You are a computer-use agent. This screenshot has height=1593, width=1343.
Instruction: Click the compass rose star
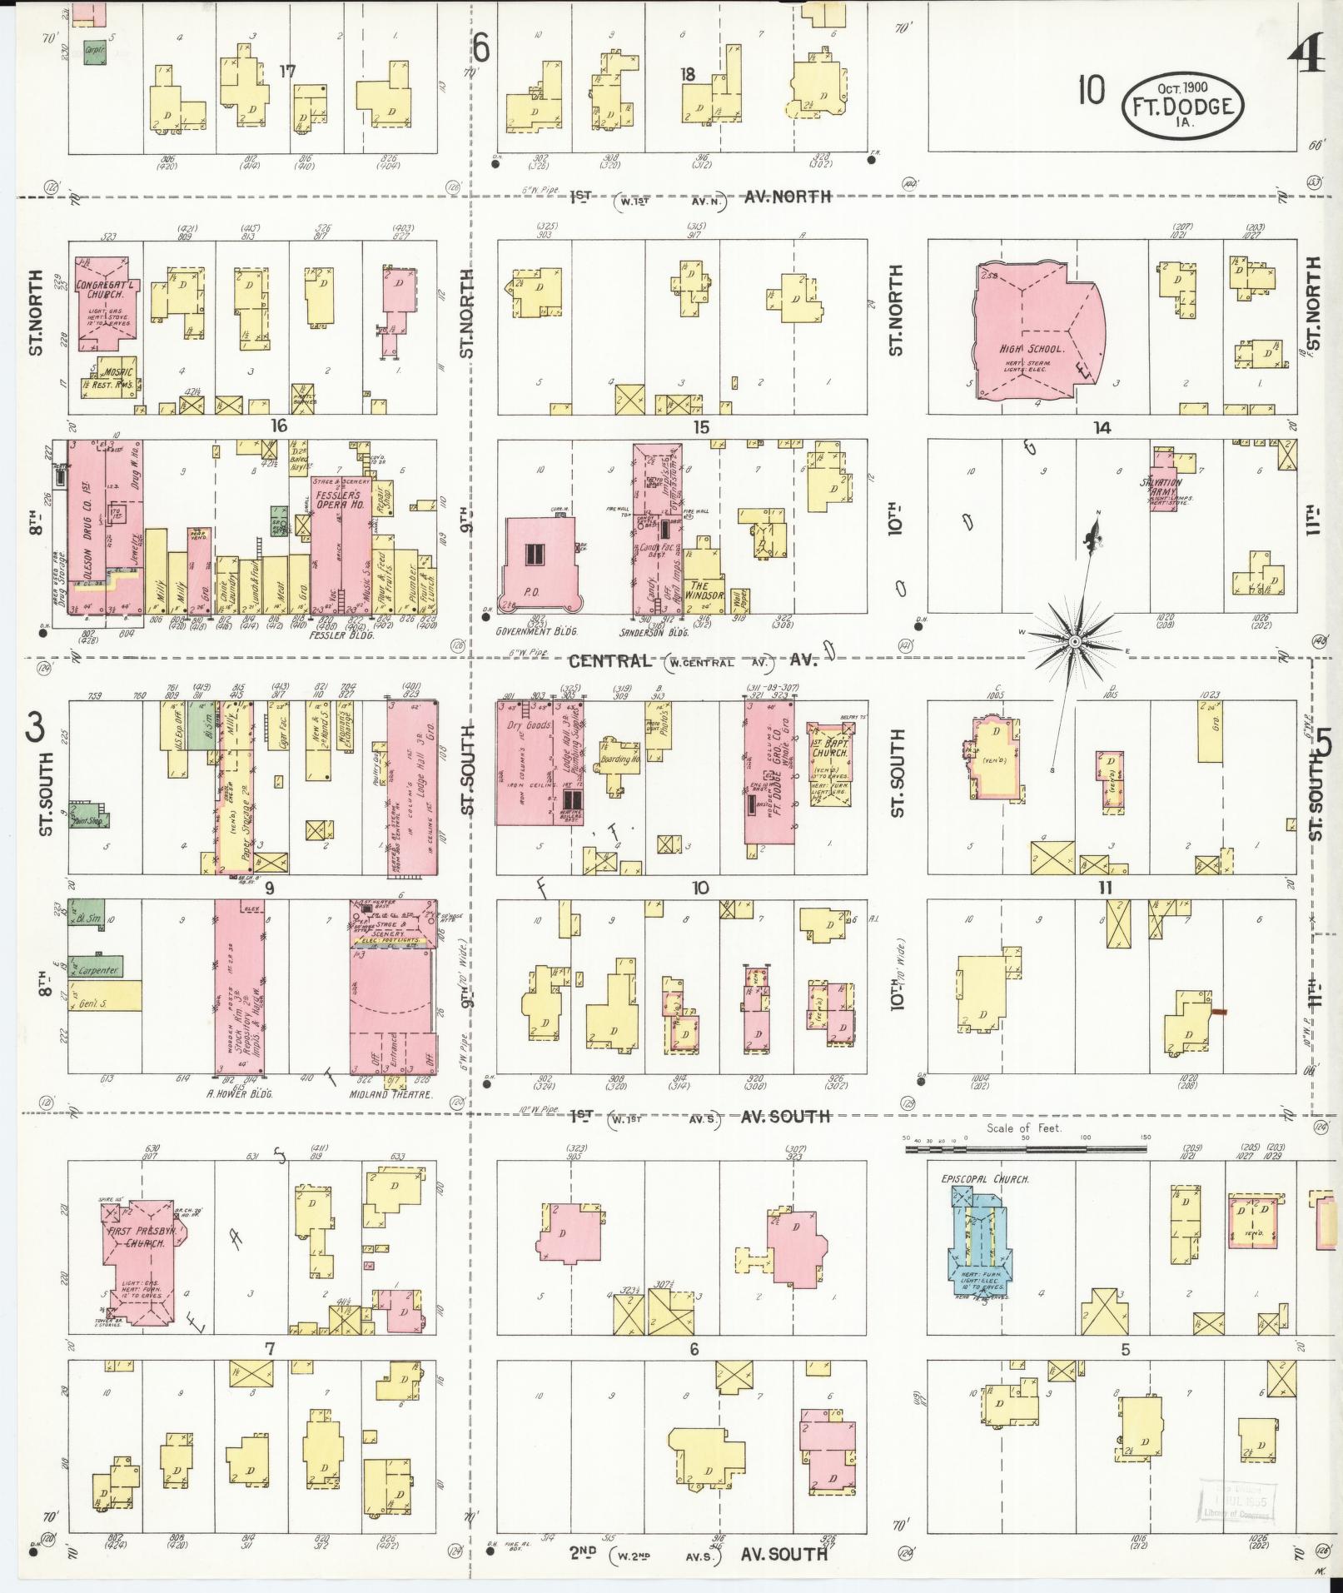click(x=1074, y=643)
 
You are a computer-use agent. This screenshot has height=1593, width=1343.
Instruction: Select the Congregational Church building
click(x=104, y=304)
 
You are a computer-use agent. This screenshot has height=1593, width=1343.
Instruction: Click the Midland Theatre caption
click(x=391, y=1094)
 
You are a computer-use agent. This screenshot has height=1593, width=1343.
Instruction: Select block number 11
click(x=1104, y=888)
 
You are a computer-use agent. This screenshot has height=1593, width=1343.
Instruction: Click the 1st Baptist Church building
click(x=829, y=762)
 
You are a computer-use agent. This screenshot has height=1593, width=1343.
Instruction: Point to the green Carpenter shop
click(x=96, y=968)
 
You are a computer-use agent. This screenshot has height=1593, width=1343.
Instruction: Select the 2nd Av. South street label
click(x=699, y=1553)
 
